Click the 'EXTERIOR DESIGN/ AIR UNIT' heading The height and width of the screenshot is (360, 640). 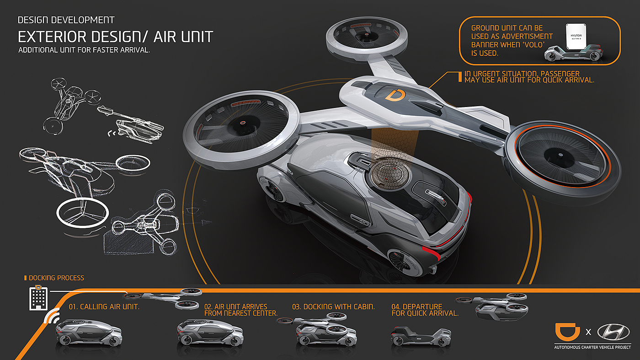[115, 37]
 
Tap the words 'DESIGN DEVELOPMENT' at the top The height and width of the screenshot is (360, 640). [66, 20]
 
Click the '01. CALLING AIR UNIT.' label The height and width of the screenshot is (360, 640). [104, 306]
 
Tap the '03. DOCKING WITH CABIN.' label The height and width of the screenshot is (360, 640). [333, 306]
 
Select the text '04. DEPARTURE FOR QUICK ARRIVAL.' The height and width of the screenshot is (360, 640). [425, 310]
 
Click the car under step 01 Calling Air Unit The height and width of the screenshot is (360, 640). [89, 333]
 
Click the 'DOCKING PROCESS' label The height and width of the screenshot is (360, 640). [56, 278]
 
